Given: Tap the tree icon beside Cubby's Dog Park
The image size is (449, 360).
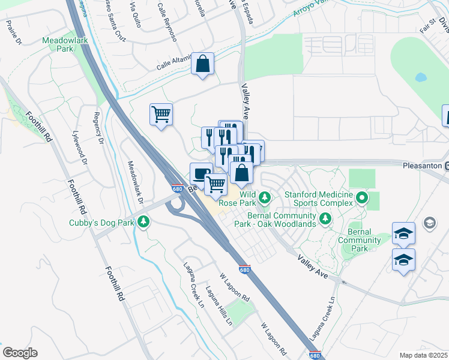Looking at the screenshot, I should tap(143, 223).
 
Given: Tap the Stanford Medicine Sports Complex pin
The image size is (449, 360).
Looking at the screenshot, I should tap(361, 197).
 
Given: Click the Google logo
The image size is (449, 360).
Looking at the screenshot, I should tap(20, 353).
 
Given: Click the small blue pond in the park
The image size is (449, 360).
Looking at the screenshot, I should tap(420, 78).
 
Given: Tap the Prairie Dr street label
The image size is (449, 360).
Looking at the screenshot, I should tap(13, 32).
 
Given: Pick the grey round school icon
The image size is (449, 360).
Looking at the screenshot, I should tap(430, 223).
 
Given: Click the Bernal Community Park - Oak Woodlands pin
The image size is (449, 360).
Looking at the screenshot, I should tap(325, 218).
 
